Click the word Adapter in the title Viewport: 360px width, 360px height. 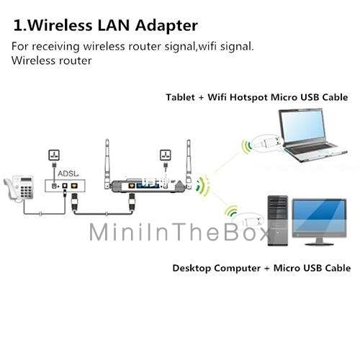pyautogui.click(x=166, y=26)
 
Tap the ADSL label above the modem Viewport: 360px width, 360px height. pyautogui.click(x=68, y=174)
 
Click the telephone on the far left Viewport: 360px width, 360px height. pyautogui.click(x=19, y=188)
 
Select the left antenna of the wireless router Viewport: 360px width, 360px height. pyautogui.click(x=107, y=163)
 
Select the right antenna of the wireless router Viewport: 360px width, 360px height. pyautogui.click(x=189, y=163)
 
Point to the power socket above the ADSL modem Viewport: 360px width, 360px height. pyautogui.click(x=54, y=155)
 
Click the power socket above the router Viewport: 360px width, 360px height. pyautogui.click(x=166, y=155)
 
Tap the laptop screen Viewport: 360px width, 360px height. pyautogui.click(x=302, y=127)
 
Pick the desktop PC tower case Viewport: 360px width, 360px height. pyautogui.click(x=278, y=221)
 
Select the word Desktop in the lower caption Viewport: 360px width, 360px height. pyautogui.click(x=192, y=269)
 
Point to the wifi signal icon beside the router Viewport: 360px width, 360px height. pyautogui.click(x=203, y=186)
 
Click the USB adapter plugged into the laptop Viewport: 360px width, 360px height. pyautogui.click(x=267, y=142)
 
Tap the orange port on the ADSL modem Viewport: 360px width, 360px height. pyautogui.click(x=74, y=186)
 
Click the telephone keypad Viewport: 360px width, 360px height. pyautogui.click(x=27, y=190)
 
